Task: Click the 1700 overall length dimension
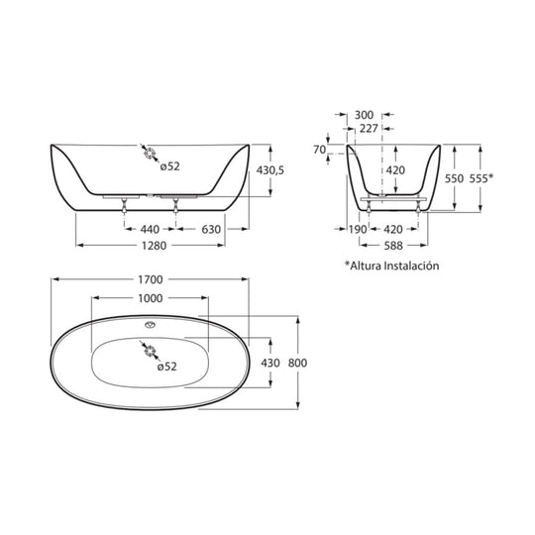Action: click(151, 279)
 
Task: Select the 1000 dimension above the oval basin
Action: click(151, 297)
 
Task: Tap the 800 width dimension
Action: click(297, 363)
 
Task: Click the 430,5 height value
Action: click(269, 170)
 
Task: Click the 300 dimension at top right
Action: click(365, 115)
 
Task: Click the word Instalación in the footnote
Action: click(408, 266)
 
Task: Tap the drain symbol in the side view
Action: click(149, 154)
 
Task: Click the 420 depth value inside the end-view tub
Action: click(395, 170)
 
